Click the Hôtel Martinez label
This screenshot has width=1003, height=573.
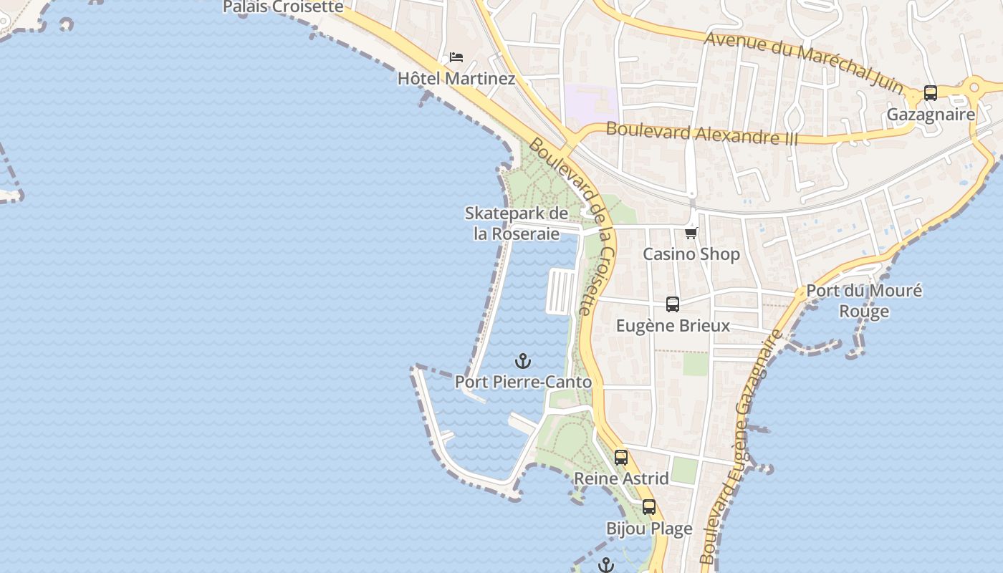(456, 78)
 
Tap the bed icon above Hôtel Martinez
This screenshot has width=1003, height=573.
(456, 57)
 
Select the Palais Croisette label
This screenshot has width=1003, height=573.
(283, 7)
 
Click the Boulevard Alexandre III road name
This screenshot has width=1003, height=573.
(701, 133)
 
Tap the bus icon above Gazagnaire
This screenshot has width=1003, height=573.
(931, 93)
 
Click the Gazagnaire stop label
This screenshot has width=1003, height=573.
(931, 115)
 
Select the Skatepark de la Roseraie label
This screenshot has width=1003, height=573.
(517, 223)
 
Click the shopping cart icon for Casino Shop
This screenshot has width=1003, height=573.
(691, 233)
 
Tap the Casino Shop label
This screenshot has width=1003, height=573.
(691, 254)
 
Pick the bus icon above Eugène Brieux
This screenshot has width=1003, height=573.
(673, 304)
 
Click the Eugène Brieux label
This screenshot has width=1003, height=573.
(673, 326)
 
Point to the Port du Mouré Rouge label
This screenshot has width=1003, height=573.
(864, 301)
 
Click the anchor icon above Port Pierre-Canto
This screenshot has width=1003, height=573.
(524, 361)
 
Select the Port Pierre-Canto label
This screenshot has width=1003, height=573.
(524, 382)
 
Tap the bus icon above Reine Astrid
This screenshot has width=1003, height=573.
(621, 457)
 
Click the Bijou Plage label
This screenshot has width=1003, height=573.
(649, 529)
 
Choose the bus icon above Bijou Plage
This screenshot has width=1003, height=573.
(649, 507)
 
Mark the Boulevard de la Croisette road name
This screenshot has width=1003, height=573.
(573, 225)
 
